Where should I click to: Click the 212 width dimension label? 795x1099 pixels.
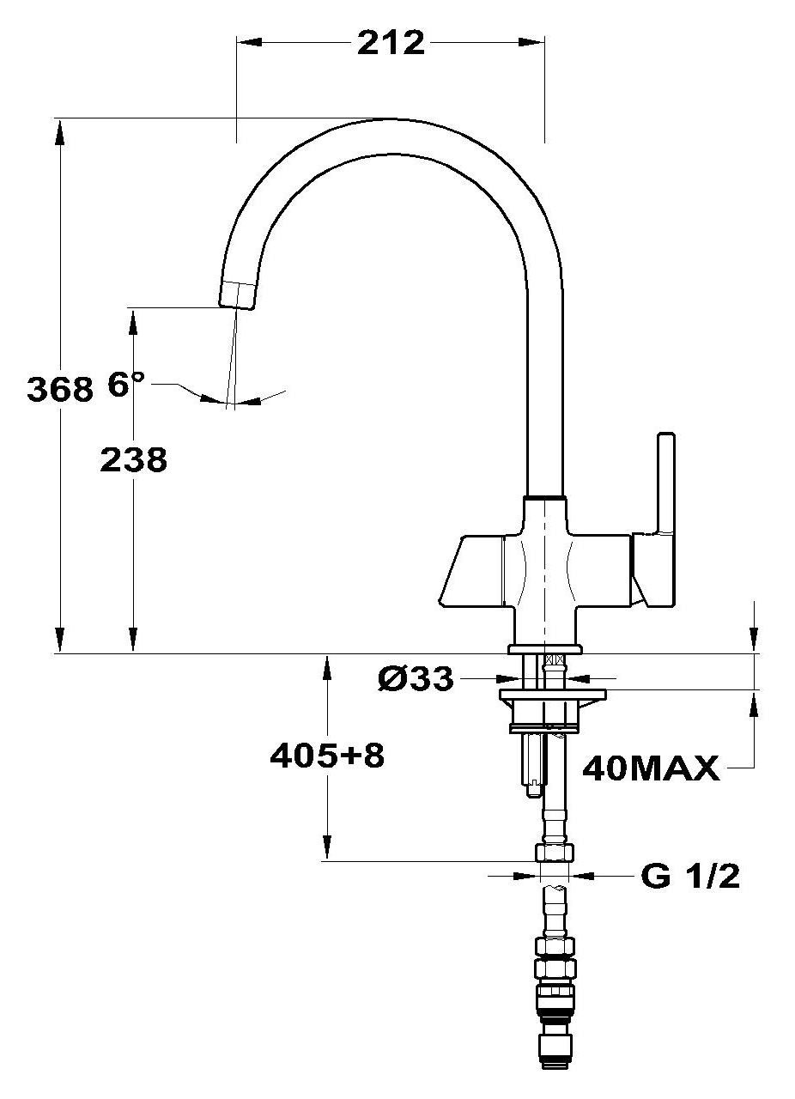tap(391, 42)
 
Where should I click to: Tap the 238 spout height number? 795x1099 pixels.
tap(134, 460)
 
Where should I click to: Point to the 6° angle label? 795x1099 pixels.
tap(125, 384)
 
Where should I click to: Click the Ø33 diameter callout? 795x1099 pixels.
tap(415, 679)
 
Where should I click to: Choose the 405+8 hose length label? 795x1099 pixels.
tap(326, 756)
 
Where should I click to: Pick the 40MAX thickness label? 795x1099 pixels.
tap(650, 768)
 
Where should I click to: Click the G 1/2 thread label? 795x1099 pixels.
tap(689, 877)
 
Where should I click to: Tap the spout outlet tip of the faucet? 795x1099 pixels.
tap(237, 294)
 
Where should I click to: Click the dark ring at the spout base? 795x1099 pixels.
tap(546, 498)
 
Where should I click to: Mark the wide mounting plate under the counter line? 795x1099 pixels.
tap(553, 694)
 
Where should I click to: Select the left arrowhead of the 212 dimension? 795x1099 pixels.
tap(246, 41)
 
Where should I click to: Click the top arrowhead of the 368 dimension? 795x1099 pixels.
tap(59, 128)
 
